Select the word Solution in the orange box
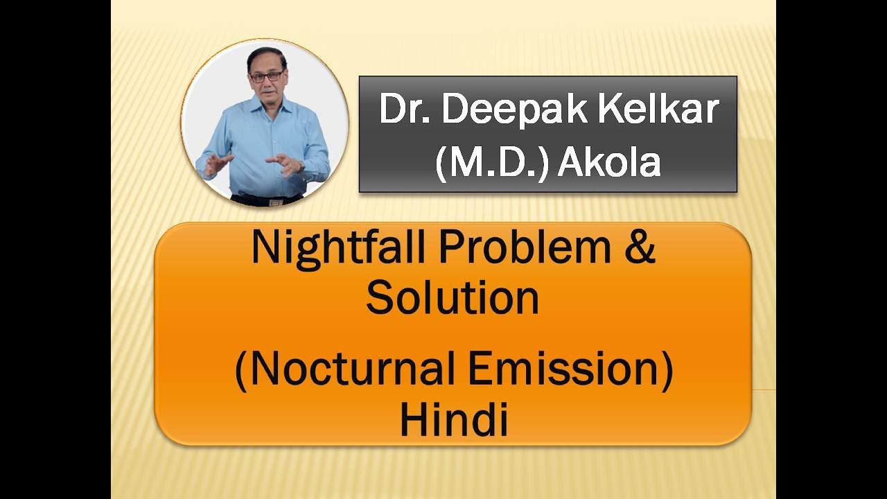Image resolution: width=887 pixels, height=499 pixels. tap(453, 298)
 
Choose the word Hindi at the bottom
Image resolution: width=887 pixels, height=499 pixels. tap(454, 419)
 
